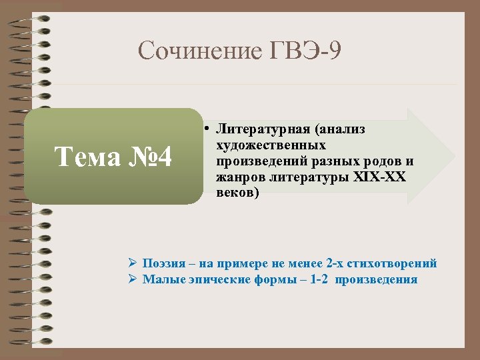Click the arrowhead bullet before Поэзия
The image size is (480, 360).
click(x=133, y=263)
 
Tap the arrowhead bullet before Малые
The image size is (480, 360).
click(x=133, y=279)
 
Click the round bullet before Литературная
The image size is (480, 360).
click(x=208, y=127)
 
